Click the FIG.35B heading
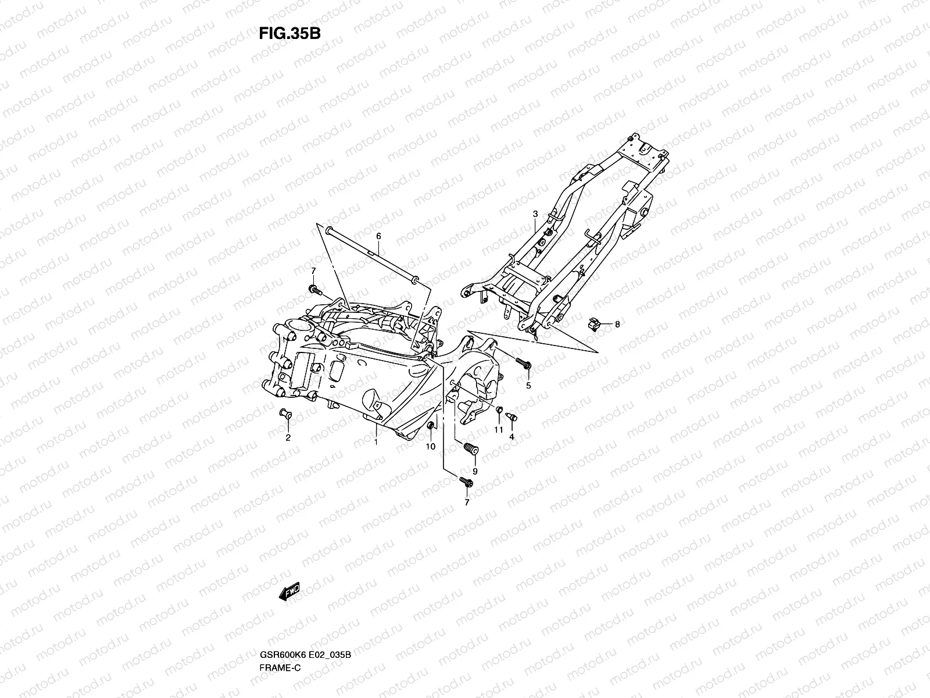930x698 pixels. [289, 33]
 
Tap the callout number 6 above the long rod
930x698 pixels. [378, 236]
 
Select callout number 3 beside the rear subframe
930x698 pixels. [535, 215]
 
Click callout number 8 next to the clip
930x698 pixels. [617, 325]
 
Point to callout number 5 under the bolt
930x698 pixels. [528, 386]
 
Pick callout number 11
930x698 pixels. [498, 430]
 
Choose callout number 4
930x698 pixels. [512, 436]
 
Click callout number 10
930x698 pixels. [431, 447]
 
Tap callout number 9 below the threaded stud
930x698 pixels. [475, 471]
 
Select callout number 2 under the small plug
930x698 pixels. [287, 438]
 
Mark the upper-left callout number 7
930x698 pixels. [313, 271]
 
